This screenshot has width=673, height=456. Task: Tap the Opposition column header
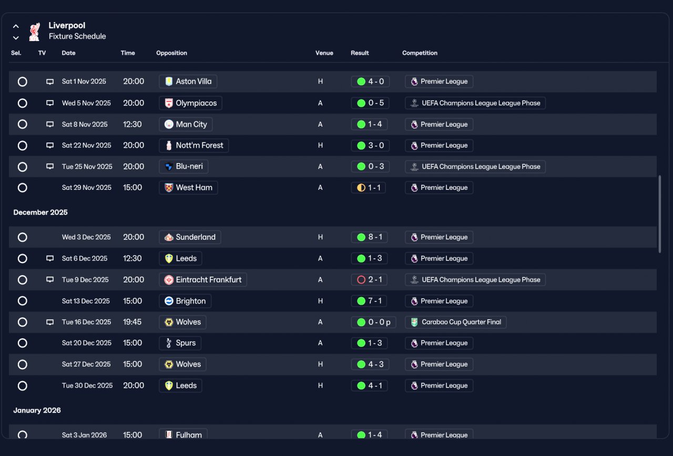(171, 53)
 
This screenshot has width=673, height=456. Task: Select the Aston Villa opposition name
(193, 82)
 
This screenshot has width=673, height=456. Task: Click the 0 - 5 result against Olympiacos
(376, 103)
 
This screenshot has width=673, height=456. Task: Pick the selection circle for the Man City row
(22, 124)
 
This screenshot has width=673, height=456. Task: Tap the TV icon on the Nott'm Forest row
(50, 146)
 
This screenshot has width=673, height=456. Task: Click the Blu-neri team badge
(169, 167)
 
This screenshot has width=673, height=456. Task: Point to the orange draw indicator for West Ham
(361, 188)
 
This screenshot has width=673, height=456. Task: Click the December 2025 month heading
(40, 212)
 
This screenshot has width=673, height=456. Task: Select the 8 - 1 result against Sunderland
(375, 237)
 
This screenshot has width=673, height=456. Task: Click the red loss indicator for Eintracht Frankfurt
(361, 280)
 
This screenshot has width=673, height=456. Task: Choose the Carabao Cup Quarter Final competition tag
(455, 322)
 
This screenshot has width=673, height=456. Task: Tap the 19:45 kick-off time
(132, 322)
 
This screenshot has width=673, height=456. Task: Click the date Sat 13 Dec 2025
(86, 301)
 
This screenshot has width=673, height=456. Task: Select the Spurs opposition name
(186, 343)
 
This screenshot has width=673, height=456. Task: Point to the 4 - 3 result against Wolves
(376, 364)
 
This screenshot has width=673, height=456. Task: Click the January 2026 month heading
(37, 410)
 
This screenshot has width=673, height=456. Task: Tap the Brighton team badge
(169, 301)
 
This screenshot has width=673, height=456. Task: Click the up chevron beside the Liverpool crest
(16, 26)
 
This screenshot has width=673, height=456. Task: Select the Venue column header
(324, 53)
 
